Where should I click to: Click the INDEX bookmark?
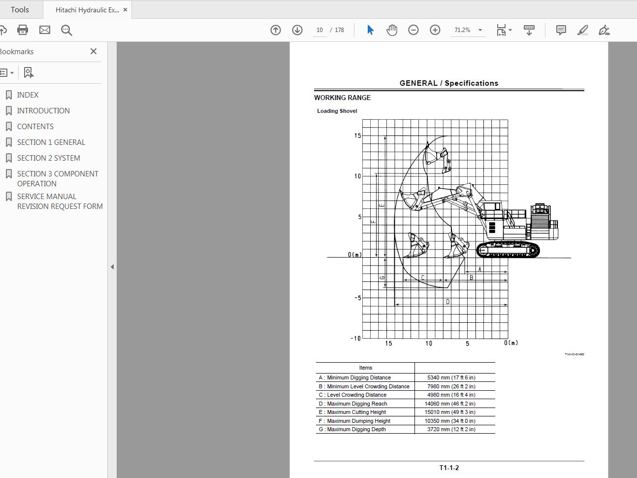coord(28,95)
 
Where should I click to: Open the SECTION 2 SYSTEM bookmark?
coord(48,158)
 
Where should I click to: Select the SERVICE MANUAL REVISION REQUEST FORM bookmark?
coord(60,201)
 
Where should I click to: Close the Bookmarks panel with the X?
coord(94,51)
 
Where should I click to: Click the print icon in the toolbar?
coord(23,30)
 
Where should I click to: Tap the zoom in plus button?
coord(435,30)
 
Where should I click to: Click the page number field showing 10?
coord(319,30)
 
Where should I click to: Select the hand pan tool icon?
coord(392,30)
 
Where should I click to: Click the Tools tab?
coord(20,10)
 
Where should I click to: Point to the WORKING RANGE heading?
coord(343,98)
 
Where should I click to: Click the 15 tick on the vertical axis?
coord(357,136)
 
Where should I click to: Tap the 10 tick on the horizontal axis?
coord(429,343)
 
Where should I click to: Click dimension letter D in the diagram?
coord(447,302)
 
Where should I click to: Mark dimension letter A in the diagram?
coord(480,270)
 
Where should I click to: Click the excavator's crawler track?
coord(508,250)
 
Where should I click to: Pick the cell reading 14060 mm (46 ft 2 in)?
coord(450,404)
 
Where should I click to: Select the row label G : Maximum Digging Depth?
coord(352,429)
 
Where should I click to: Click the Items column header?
coord(365,368)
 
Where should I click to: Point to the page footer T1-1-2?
coord(449,468)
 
